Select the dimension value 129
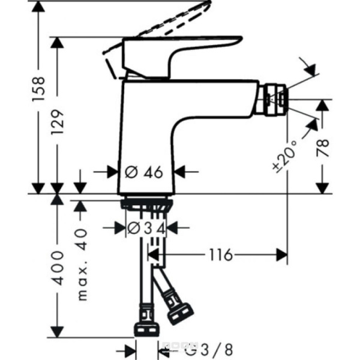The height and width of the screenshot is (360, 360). coord(58,126)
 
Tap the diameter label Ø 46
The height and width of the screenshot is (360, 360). coord(144,172)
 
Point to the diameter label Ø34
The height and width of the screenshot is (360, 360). coord(142,228)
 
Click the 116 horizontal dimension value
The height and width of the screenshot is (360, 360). coord(221,255)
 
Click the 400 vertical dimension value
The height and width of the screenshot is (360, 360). coord(58,266)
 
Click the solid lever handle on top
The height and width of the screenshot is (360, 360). coord(180,48)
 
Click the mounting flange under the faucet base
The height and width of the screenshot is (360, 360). coord(147,204)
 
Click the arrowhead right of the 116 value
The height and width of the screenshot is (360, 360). coord(281,255)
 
